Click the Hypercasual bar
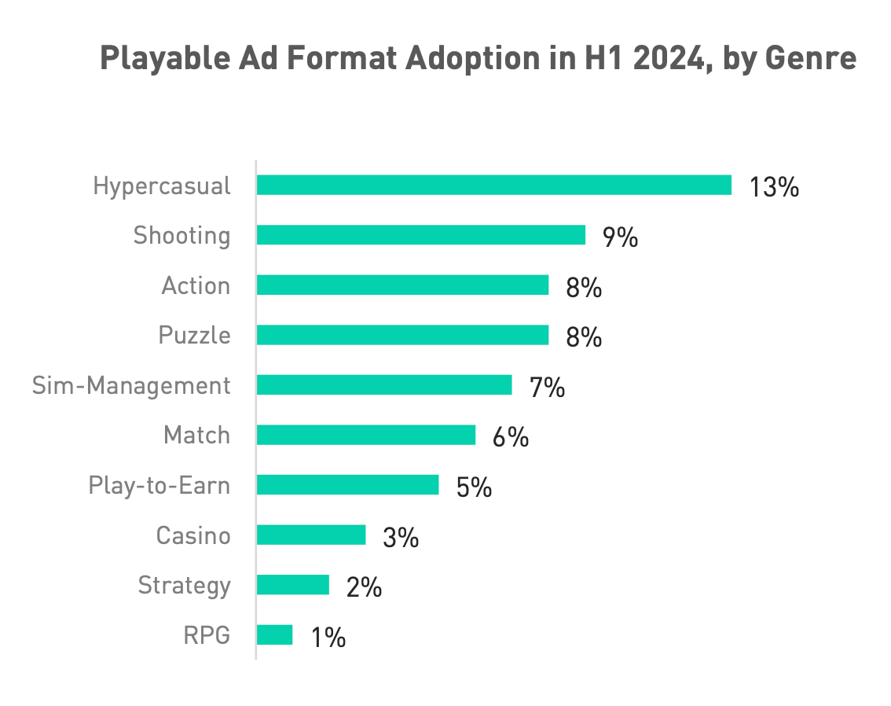pos(493,186)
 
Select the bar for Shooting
pos(420,235)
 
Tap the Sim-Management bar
pos(383,385)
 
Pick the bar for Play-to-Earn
pos(347,485)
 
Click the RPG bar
pos(274,634)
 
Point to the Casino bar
pos(310,535)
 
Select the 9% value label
pos(620,237)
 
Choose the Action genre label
pos(196,285)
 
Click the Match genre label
pos(196,435)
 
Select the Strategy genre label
pos(184,585)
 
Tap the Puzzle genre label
pos(194,336)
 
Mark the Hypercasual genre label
pos(162,186)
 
